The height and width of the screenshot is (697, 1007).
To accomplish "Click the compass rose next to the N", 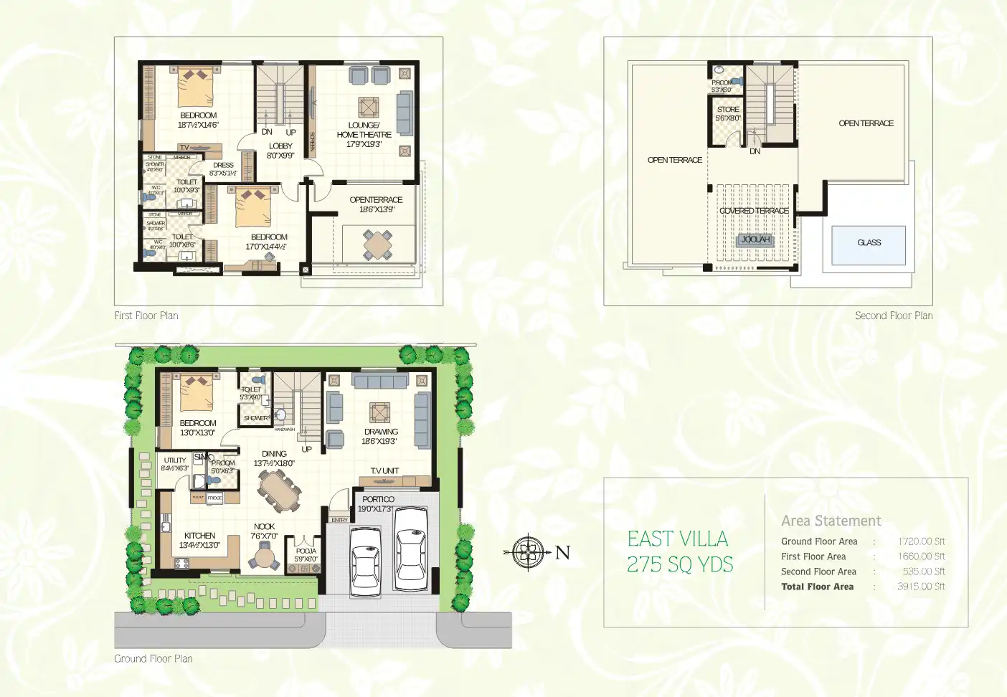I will coord(529,552).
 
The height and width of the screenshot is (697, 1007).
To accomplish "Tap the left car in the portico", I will coord(366,561).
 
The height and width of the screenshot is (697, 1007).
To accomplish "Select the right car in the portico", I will coord(411,549).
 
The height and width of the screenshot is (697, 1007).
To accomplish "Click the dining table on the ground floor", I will coord(280,490).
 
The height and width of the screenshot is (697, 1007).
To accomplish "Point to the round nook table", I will coord(265,557).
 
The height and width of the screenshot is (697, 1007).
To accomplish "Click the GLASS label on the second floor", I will coord(869,243).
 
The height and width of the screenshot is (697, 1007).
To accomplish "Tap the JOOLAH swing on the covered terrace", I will coord(755,240).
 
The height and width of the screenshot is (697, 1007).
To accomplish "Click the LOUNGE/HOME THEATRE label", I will coord(364,130).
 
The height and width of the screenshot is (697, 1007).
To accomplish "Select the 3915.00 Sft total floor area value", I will coord(921,587).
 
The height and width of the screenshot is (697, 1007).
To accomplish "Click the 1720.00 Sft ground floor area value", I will coord(921,541).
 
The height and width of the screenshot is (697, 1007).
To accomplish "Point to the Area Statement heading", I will coord(831,521).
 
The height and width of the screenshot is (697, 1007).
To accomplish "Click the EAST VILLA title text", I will coord(677,539).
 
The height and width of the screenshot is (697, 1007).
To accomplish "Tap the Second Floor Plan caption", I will coord(893,316).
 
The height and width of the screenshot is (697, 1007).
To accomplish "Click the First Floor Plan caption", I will coord(146,316).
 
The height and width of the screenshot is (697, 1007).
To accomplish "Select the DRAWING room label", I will coord(381,432).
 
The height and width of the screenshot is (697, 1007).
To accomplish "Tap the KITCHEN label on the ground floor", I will coord(199,536).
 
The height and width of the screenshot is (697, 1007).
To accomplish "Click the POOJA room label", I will coord(306,551).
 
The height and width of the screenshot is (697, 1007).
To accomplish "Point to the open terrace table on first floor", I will coord(378,245).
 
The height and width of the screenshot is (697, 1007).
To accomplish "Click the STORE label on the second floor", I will coord(728,110).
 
